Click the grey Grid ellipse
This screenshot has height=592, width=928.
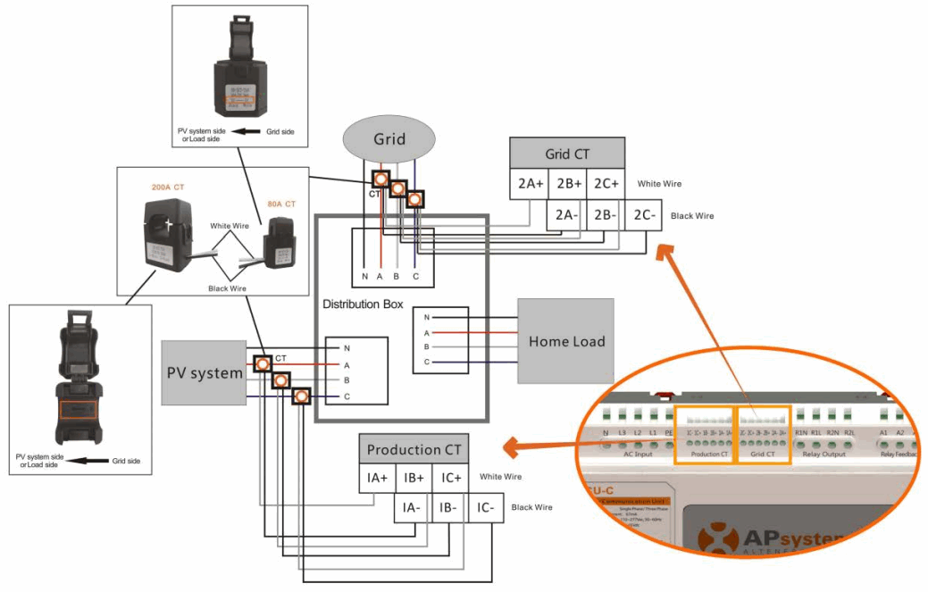(389, 139)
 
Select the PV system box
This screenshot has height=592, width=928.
(205, 372)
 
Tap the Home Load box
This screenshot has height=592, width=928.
(566, 341)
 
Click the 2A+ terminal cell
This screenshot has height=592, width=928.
(530, 184)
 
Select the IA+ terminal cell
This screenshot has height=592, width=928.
(377, 478)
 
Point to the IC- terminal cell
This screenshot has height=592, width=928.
(484, 508)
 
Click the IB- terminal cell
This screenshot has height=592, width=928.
(448, 508)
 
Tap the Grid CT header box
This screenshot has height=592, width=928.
(567, 154)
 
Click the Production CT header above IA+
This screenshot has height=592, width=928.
(414, 449)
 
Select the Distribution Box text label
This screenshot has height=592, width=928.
(363, 304)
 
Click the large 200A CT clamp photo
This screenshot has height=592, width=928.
(169, 233)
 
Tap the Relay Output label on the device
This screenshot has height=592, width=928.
(823, 454)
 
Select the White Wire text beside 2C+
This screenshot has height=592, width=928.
(659, 184)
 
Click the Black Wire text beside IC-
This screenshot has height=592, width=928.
(531, 507)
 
